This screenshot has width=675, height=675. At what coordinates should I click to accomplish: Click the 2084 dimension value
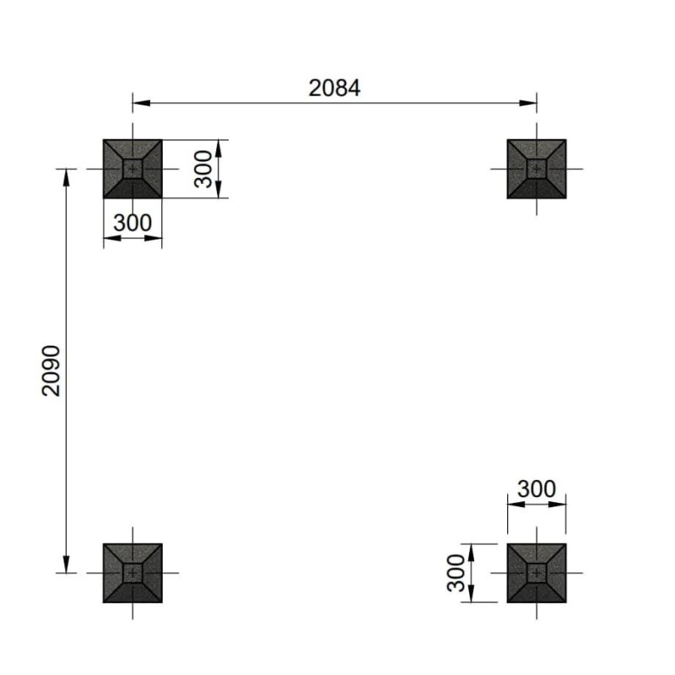click(x=334, y=89)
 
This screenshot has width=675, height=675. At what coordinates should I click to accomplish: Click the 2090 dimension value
click(x=51, y=370)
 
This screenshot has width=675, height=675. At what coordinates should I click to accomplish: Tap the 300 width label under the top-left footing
click(x=132, y=223)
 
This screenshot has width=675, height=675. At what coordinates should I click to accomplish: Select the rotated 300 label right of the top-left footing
click(x=203, y=170)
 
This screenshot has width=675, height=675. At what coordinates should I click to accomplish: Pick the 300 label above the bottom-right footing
click(x=537, y=489)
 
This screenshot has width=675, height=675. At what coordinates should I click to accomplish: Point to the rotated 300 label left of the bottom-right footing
click(x=456, y=573)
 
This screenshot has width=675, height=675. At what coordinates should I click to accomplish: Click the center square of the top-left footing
click(x=132, y=169)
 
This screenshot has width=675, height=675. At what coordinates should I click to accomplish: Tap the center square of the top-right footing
click(x=537, y=169)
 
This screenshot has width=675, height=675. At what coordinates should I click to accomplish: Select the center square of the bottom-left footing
click(x=132, y=573)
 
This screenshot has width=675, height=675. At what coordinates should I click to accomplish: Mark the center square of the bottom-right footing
click(x=537, y=573)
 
